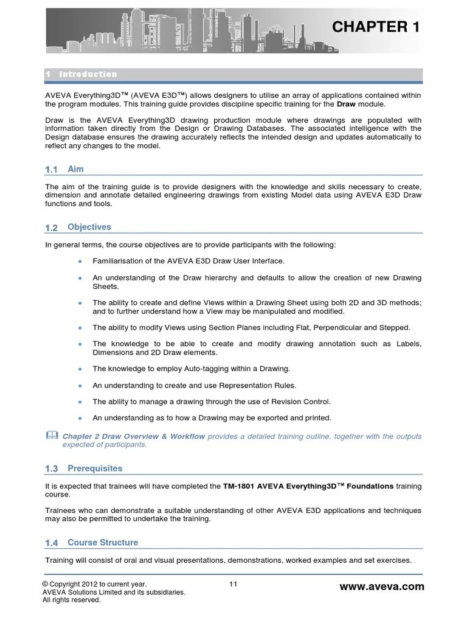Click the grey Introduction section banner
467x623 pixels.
coord(233,74)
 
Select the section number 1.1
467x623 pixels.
coord(51,170)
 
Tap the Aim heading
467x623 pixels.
coord(75,169)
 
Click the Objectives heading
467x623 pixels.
coord(89,227)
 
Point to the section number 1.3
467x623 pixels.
coord(51,469)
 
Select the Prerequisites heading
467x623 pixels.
coord(95,468)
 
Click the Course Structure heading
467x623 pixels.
coord(103,542)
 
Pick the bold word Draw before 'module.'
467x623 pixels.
coord(347,104)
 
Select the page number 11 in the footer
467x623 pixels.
coord(233,585)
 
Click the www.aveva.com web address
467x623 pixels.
coord(381,586)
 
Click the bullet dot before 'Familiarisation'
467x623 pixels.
coord(80,261)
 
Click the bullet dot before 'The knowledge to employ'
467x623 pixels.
coord(80,369)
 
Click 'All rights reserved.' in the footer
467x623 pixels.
coord(71,600)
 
